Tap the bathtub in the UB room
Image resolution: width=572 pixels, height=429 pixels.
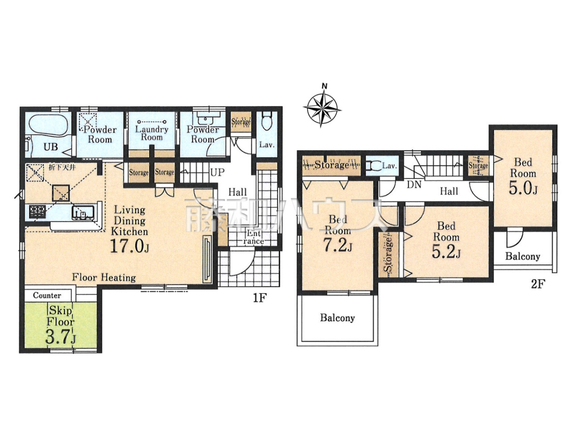pos(48,126)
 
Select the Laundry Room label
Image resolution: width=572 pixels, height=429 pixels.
pos(152,133)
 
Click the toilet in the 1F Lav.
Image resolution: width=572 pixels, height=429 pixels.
pos(266,122)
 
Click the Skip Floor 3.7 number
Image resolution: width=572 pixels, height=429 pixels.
pos(61,337)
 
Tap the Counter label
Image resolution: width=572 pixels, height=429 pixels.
pos(47,296)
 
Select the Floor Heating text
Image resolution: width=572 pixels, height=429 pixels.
pos(104,277)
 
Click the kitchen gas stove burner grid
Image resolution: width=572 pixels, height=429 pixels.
pos(38,212)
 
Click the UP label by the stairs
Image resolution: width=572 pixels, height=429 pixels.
pos(217,172)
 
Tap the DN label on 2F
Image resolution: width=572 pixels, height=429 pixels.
pos(414,184)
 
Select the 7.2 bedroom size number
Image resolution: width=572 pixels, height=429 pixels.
pos(338,245)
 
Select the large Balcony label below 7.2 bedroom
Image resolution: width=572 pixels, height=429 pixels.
pos(337,318)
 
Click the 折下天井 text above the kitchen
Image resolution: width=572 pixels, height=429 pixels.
pos(62,167)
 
